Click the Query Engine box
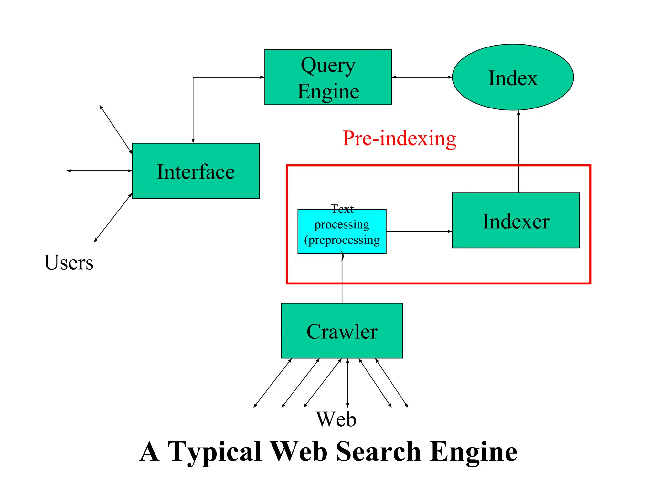point(328,77)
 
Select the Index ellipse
point(513,77)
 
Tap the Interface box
point(196,171)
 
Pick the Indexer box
point(515,221)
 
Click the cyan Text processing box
point(342,231)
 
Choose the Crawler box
point(342,331)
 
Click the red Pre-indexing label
point(399,139)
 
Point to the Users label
point(69,262)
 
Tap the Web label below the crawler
point(336,419)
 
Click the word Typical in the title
point(215,451)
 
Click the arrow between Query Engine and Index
point(422,77)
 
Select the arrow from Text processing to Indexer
point(419,232)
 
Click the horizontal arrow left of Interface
point(99,171)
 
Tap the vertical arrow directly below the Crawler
point(347,383)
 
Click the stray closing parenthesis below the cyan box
point(342,257)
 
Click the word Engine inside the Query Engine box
point(328,91)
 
